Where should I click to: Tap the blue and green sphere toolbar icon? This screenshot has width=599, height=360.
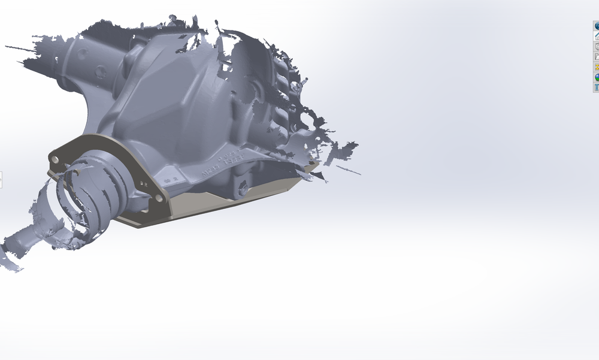597,77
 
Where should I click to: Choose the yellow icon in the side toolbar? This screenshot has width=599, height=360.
597,67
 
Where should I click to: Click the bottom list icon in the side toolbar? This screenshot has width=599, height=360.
597,87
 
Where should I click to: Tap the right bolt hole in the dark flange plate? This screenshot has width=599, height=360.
158,197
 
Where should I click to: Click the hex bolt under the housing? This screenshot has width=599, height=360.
243,189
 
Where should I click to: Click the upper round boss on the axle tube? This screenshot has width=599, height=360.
81,52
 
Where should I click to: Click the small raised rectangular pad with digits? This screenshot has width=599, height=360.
173,179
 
